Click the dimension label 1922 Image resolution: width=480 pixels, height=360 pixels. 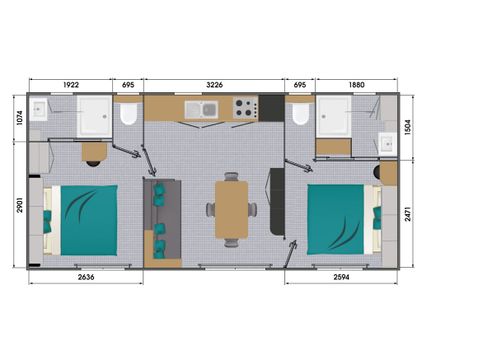pos(71,85)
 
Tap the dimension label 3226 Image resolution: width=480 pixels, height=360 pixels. pos(214,85)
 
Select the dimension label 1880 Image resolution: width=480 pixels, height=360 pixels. pos(357,85)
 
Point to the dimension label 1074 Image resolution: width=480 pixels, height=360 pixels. pos(20,118)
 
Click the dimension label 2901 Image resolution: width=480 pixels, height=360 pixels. pos(20,205)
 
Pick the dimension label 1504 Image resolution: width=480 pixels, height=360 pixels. pos(408,127)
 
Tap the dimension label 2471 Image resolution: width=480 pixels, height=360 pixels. pos(408,214)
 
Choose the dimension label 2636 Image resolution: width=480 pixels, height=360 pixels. pos(86,277)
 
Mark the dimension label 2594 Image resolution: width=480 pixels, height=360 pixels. pos(341,277)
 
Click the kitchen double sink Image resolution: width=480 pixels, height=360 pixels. pos(201,109)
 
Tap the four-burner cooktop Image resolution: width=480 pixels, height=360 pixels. pos(246,108)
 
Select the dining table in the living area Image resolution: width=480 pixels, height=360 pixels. pos(232,210)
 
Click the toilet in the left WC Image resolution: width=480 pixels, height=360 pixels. pos(129,112)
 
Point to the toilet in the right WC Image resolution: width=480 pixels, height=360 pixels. pos(301,112)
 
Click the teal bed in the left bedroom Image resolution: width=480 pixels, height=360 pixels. pos(89,220)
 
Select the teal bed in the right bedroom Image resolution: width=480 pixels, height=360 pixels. pos(336,219)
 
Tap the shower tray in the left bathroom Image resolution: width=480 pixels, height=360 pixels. pos(94,117)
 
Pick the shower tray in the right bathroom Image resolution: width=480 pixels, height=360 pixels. pos(334,117)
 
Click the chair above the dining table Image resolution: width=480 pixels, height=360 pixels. pos(231,176)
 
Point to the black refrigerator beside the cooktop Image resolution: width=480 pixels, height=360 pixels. pos(271,108)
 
